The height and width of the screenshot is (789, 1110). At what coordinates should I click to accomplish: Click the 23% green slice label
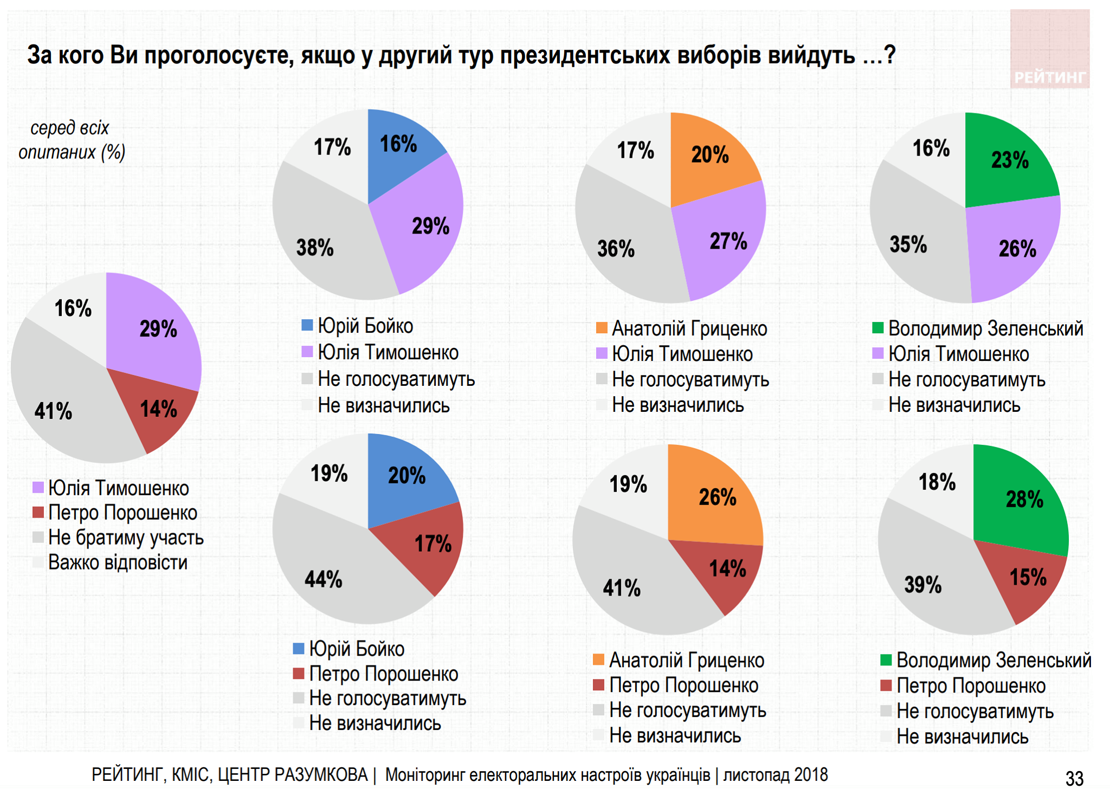coord(1010,160)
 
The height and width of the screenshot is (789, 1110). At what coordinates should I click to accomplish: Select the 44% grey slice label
coord(324,580)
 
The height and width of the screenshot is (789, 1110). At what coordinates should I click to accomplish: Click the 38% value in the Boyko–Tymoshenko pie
coord(315,248)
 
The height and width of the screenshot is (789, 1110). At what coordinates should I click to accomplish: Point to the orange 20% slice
coord(709,155)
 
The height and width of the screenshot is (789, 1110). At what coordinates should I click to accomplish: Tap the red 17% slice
coord(433,544)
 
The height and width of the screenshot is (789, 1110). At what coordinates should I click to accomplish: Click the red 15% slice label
coord(1028,578)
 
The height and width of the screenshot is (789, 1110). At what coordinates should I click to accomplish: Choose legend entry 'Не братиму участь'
coord(125,538)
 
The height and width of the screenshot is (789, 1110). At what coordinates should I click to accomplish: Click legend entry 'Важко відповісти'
coord(118,562)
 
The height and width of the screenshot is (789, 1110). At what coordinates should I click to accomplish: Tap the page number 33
coord(1074,778)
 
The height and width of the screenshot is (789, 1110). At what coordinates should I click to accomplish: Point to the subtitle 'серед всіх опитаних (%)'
coord(71,140)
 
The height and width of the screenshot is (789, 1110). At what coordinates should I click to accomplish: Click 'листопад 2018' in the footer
coord(775,775)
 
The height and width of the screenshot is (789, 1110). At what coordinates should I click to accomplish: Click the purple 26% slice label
coord(1017,249)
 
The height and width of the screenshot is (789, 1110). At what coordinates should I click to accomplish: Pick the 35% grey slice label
coord(908,244)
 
